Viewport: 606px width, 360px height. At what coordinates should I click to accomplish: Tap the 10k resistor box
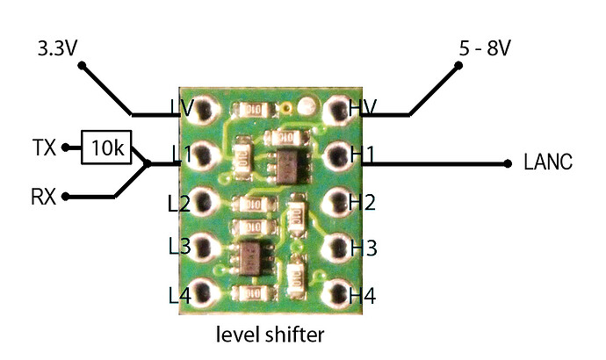click(x=106, y=148)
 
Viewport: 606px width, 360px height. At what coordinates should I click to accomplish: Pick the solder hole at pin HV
click(x=336, y=111)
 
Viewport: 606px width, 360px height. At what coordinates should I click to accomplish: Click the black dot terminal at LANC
click(x=509, y=163)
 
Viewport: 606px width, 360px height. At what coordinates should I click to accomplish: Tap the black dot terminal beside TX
click(x=65, y=148)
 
